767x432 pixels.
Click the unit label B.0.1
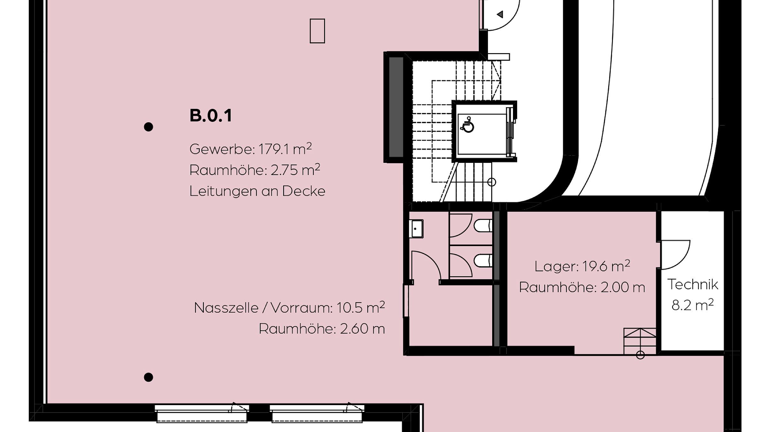(211, 116)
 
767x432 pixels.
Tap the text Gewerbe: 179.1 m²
(251, 149)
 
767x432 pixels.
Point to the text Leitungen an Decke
(257, 191)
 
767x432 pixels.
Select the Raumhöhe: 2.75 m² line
(255, 170)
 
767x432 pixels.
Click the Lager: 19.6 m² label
(582, 266)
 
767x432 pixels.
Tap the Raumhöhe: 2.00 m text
(582, 287)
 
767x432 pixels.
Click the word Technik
(693, 284)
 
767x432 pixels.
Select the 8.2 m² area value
(693, 305)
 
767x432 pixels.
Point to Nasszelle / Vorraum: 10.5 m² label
(289, 308)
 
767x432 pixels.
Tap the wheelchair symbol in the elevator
(467, 124)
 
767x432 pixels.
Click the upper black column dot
(148, 127)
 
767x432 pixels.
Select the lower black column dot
(148, 377)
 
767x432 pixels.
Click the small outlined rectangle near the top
(317, 31)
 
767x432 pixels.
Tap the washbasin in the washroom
(416, 228)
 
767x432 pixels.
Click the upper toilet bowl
(483, 226)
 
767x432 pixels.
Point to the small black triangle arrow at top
(500, 14)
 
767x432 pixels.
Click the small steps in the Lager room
(640, 341)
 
